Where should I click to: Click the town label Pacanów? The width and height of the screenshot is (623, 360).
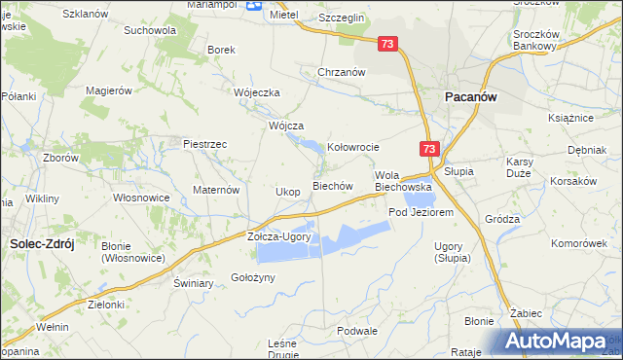click(x=472, y=97)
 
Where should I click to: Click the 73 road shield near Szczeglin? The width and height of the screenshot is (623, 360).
click(x=388, y=44)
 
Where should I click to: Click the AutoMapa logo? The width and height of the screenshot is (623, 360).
click(x=561, y=342)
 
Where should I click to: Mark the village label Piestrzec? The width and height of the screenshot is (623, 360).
click(x=205, y=144)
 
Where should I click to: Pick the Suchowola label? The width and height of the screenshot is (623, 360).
click(x=149, y=30)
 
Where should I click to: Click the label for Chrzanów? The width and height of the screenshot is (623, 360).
click(x=341, y=72)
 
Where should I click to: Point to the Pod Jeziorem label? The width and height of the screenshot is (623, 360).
click(x=421, y=212)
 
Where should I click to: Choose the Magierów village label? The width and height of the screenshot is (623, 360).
click(x=108, y=90)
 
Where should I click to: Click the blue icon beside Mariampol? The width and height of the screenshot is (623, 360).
click(x=254, y=5)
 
